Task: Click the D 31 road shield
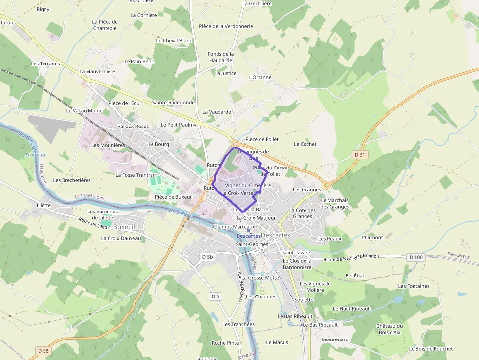[360, 155]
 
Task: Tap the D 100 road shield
[416, 257]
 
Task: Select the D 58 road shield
[44, 351]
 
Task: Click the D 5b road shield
[208, 256]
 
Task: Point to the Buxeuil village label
[124, 227]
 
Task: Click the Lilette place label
[44, 205]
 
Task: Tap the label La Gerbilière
[257, 3]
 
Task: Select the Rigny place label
[43, 9]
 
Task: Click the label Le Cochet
[305, 144]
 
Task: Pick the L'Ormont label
[372, 237]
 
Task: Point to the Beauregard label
[335, 339]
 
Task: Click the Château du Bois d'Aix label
[390, 329]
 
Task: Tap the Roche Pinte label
[225, 343]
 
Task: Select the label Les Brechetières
[72, 180]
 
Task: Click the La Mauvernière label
[97, 71]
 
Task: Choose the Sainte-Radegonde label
[173, 103]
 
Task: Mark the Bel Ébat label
[355, 276]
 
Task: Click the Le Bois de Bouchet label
[431, 349]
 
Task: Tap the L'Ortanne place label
[260, 77]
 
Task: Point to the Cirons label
[8, 23]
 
